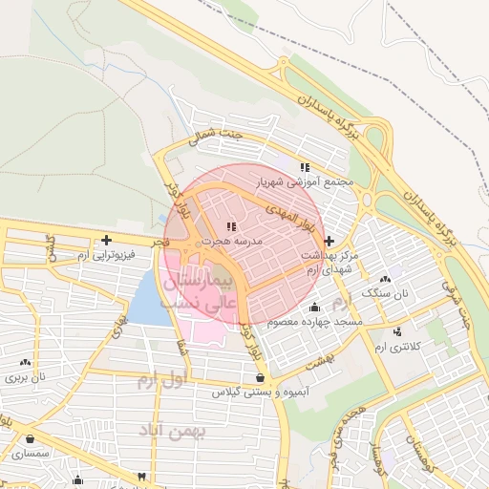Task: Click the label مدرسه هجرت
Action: tap(230, 243)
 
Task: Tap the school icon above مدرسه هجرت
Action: tap(230, 226)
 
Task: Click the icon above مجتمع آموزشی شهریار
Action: tap(305, 167)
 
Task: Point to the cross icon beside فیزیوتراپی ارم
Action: tap(106, 240)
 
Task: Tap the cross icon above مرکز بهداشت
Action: tap(330, 241)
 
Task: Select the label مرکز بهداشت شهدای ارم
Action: tap(328, 264)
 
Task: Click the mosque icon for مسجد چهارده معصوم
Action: tap(316, 307)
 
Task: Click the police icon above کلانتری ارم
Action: tap(397, 331)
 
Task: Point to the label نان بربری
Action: tap(27, 377)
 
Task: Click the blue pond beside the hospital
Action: tap(146, 301)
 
